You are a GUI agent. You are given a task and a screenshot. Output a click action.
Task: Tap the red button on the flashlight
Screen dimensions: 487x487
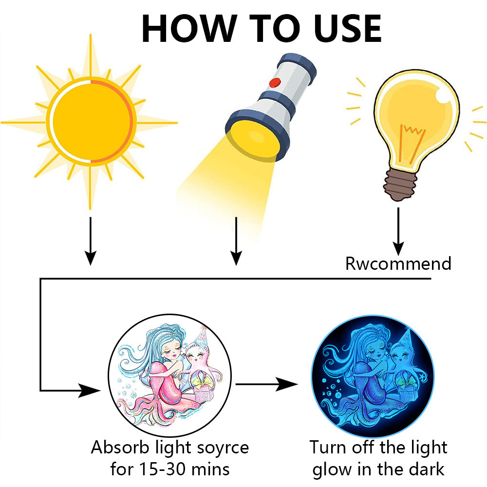point(275,83)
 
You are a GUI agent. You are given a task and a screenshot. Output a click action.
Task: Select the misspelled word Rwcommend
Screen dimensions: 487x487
point(398,263)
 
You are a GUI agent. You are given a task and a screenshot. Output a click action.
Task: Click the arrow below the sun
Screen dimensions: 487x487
point(91,241)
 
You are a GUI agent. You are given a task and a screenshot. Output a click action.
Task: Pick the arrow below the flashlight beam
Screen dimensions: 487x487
point(236,241)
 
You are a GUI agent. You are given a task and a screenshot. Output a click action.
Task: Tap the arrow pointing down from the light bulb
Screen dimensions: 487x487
point(398,232)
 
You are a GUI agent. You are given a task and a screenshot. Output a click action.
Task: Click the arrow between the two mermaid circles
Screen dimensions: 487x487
point(267,384)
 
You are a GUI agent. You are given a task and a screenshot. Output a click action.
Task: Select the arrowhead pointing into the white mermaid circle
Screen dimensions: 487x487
point(90,391)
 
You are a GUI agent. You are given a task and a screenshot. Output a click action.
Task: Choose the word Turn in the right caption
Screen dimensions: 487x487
point(328,448)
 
